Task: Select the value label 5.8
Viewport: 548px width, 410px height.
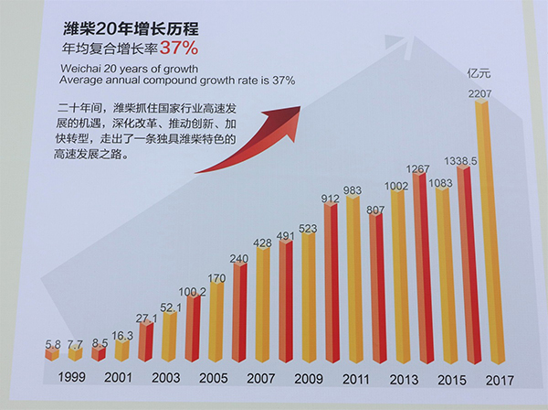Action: tap(54, 344)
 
